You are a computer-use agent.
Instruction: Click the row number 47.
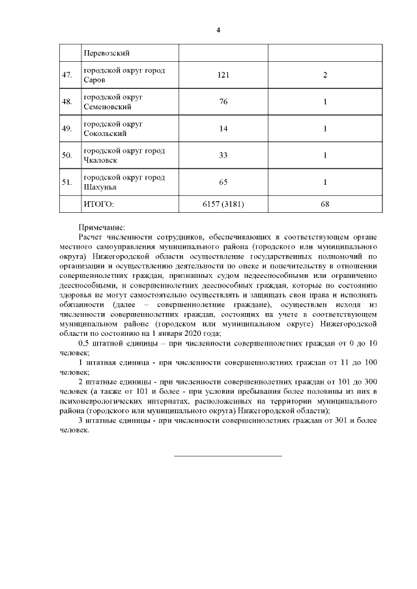(66, 75)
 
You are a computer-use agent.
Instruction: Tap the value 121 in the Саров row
(223, 75)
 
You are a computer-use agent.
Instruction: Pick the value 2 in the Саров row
(324, 75)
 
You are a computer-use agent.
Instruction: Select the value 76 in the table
(223, 102)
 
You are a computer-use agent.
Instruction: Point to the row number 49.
(66, 129)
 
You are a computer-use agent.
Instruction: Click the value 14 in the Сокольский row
(223, 129)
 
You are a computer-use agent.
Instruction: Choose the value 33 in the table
(223, 156)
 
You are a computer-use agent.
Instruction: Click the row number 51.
(66, 182)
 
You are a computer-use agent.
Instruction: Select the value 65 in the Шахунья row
(223, 182)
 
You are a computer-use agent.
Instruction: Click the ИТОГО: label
(98, 204)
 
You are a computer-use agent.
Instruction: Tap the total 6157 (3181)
(223, 204)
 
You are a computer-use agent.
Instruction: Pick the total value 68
(324, 204)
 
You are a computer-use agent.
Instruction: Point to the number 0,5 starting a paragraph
(83, 343)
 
